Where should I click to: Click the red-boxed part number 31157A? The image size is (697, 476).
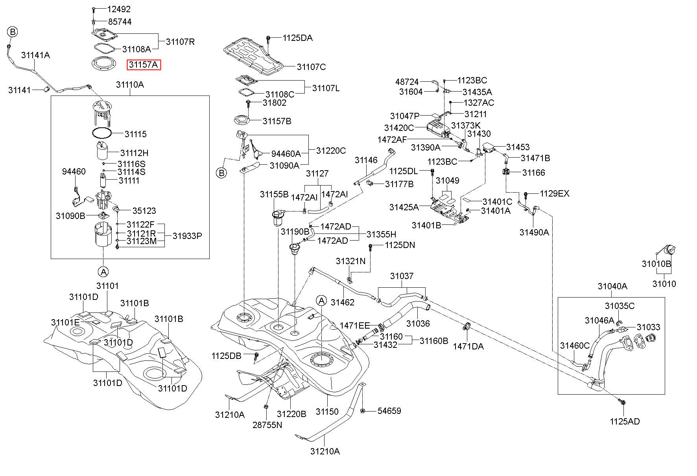(x=144, y=65)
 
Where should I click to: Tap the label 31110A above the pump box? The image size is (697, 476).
(x=130, y=85)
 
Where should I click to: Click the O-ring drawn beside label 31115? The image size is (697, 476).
(x=102, y=133)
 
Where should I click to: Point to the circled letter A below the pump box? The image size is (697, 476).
(x=103, y=271)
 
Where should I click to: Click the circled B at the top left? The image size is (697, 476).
(x=13, y=32)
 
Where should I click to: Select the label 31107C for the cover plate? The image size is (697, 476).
(x=311, y=67)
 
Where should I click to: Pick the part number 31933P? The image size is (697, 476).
(x=187, y=236)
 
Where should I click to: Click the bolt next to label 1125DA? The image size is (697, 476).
(x=268, y=38)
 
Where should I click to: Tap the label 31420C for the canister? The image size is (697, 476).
(x=399, y=128)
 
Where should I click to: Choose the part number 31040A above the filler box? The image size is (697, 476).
(x=612, y=286)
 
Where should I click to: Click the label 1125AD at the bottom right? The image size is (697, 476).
(x=625, y=421)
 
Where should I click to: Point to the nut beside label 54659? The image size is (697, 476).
(x=363, y=411)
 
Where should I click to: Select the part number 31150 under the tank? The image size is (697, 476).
(x=327, y=412)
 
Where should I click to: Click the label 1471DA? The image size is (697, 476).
(x=468, y=346)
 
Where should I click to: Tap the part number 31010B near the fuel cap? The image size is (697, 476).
(x=656, y=264)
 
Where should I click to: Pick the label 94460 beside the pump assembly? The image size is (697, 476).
(x=74, y=172)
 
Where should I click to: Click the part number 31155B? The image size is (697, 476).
(x=274, y=195)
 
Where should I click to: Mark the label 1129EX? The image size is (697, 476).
(x=554, y=194)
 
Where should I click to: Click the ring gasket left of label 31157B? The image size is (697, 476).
(x=241, y=119)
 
